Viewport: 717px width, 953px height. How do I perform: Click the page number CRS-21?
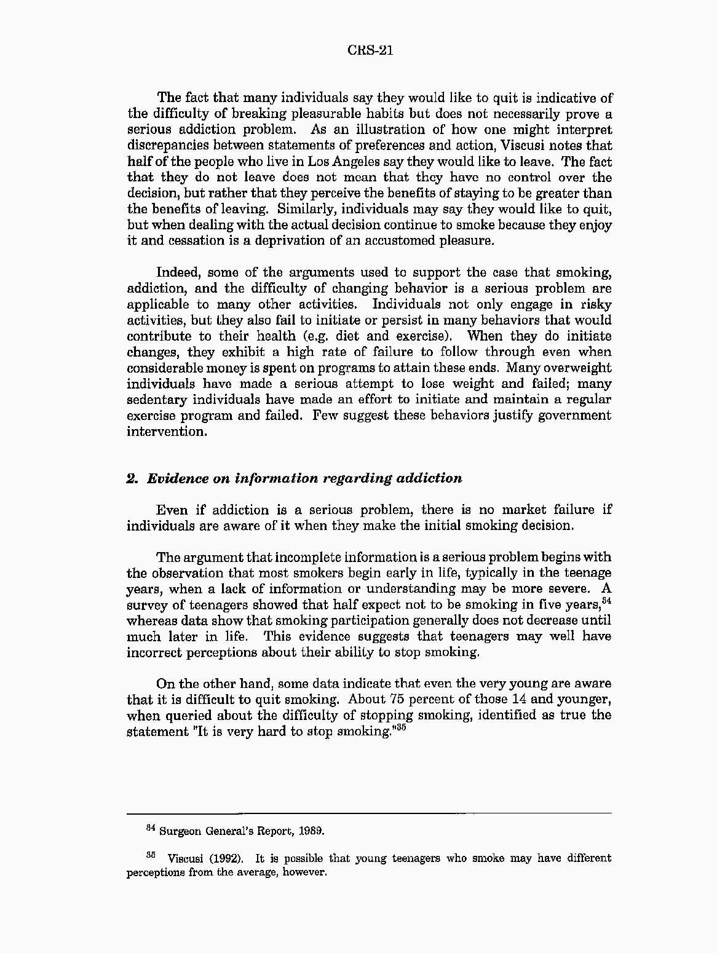pos(370,50)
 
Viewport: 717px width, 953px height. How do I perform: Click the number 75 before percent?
pos(397,700)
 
